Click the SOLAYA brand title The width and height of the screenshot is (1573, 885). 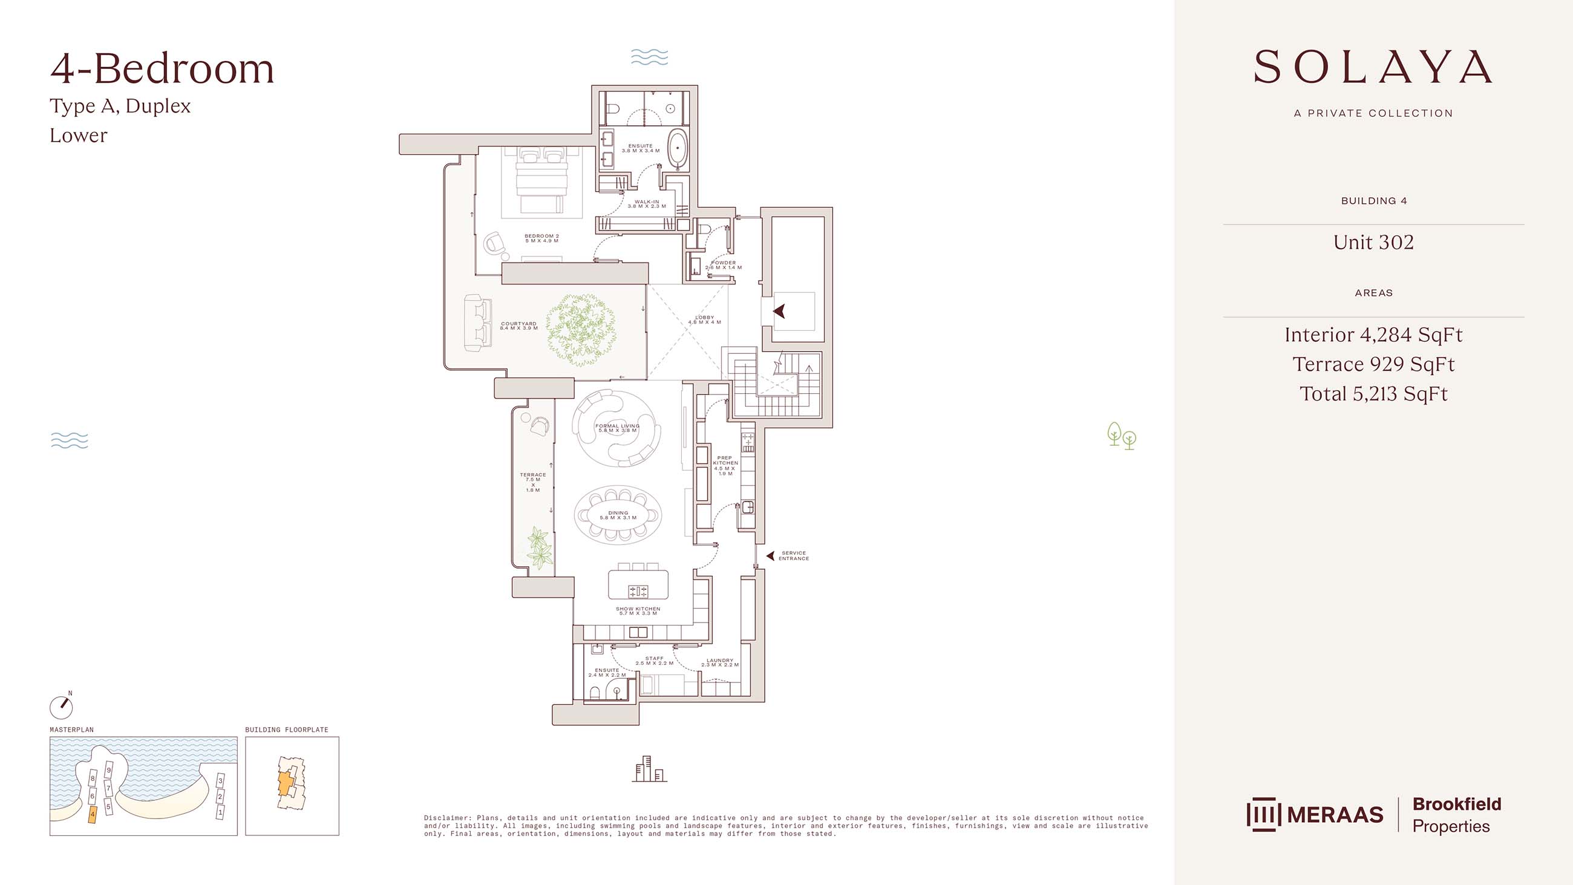1373,67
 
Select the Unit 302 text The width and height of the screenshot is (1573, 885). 1373,242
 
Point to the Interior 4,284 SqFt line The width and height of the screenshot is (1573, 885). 1373,335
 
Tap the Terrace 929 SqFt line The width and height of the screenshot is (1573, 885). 1373,364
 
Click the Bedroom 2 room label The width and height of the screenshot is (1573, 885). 541,238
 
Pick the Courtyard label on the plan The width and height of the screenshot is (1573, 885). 518,325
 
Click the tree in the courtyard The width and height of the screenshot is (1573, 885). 580,330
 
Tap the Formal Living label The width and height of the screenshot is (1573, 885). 617,428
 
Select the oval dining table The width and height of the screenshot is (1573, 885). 618,515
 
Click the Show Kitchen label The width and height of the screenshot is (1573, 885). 638,611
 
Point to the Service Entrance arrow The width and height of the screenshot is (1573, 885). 771,556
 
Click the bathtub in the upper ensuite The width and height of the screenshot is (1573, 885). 676,148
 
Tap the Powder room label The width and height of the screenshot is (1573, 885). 724,265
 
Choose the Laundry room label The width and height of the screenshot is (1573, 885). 720,662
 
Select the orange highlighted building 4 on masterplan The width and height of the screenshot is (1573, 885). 93,814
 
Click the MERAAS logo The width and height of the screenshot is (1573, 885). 1315,814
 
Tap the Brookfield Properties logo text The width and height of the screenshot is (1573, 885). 1456,815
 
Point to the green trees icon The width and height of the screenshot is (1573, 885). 1122,436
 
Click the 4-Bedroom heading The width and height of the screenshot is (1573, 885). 162,68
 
